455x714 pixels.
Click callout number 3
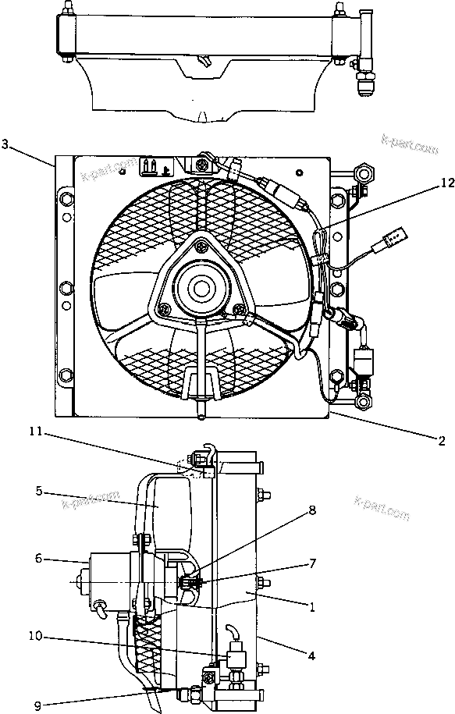pos(6,144)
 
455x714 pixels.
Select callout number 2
pos(441,439)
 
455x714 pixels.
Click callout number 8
pos(312,510)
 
